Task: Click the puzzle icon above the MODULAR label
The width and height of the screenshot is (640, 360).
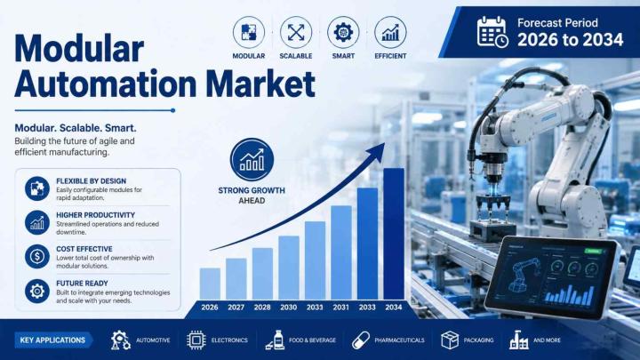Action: click(249, 32)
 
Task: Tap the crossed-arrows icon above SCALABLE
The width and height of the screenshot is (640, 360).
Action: click(296, 32)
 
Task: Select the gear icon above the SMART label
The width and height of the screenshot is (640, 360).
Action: click(343, 32)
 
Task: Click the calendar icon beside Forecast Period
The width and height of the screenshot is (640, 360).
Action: click(492, 32)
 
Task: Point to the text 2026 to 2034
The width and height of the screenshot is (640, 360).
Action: click(570, 40)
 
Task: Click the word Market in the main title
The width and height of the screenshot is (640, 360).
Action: click(260, 84)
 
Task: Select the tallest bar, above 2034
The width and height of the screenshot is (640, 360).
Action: click(394, 234)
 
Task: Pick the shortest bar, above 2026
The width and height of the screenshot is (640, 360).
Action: click(210, 284)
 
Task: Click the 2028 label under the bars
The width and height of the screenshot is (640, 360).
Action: click(262, 308)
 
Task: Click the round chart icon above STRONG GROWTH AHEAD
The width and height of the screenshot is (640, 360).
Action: click(252, 160)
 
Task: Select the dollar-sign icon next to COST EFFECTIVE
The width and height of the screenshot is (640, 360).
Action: click(37, 256)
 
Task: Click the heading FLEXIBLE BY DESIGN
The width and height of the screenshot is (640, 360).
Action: click(91, 180)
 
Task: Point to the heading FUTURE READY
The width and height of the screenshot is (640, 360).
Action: click(82, 284)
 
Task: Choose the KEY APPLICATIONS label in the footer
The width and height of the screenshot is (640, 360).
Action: click(52, 340)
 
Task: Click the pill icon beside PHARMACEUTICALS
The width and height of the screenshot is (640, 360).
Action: click(361, 340)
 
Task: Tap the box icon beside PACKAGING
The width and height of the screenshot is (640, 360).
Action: click(450, 340)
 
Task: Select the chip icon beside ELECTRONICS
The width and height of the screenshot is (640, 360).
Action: click(196, 340)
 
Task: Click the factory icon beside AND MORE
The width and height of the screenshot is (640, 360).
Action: click(519, 340)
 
